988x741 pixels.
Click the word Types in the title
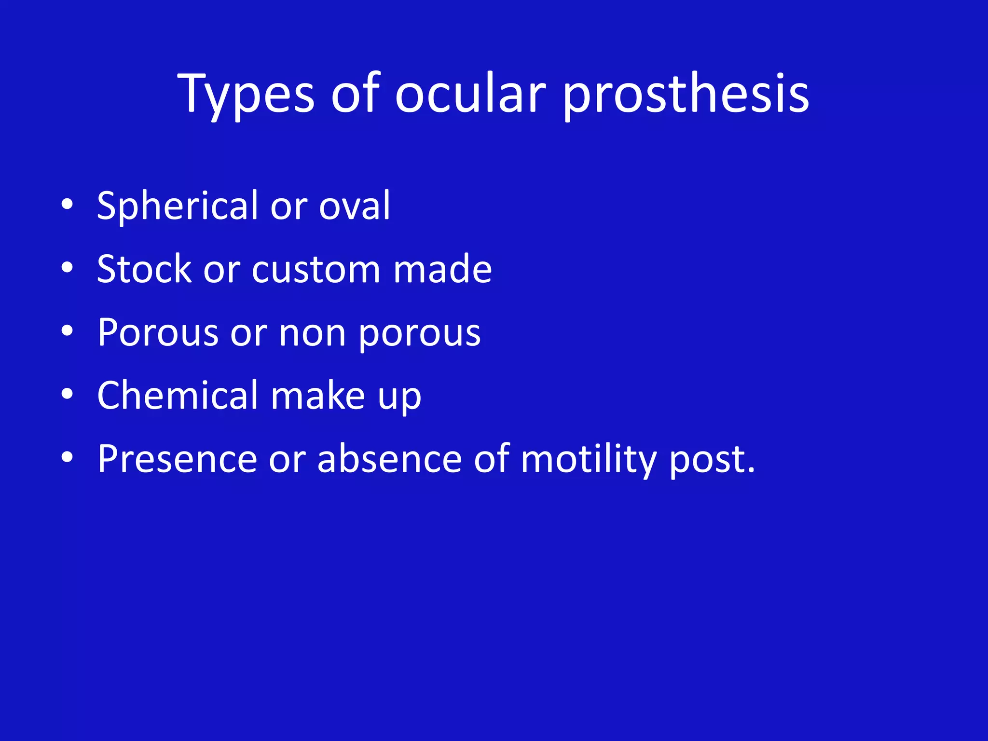246,94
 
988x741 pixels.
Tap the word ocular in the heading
470,94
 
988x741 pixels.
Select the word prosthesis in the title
686,94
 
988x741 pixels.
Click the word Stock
144,269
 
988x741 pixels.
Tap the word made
442,269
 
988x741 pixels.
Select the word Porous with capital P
158,333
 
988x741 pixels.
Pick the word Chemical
178,396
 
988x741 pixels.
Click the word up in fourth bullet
399,398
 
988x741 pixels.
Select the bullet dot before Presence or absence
67,457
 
